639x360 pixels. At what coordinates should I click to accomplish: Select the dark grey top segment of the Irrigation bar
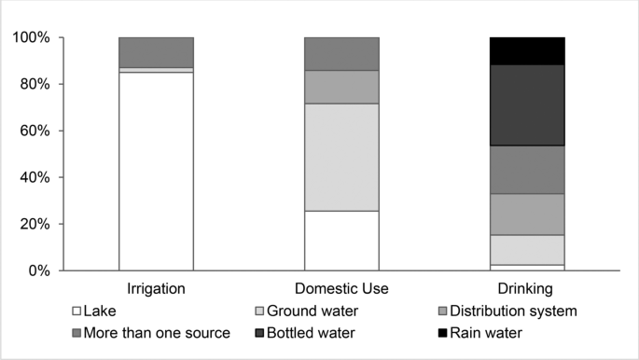click(x=156, y=52)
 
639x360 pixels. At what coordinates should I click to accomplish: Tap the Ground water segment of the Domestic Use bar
click(x=341, y=157)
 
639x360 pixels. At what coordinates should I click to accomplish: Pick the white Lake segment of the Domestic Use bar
click(x=341, y=241)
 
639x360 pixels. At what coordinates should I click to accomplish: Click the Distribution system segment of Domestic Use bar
click(x=341, y=87)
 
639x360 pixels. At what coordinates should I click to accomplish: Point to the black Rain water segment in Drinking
click(x=527, y=50)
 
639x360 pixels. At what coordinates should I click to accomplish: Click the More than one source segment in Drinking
click(x=527, y=169)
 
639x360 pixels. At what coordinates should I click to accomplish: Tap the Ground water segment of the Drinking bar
click(x=527, y=249)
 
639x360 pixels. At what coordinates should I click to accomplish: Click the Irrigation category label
click(x=156, y=289)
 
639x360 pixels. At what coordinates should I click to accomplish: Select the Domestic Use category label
click(x=341, y=289)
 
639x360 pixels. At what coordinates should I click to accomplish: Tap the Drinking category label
click(x=527, y=289)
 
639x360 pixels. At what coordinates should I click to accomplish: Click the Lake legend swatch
click(x=76, y=311)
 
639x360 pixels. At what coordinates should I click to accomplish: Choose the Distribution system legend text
click(x=516, y=311)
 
